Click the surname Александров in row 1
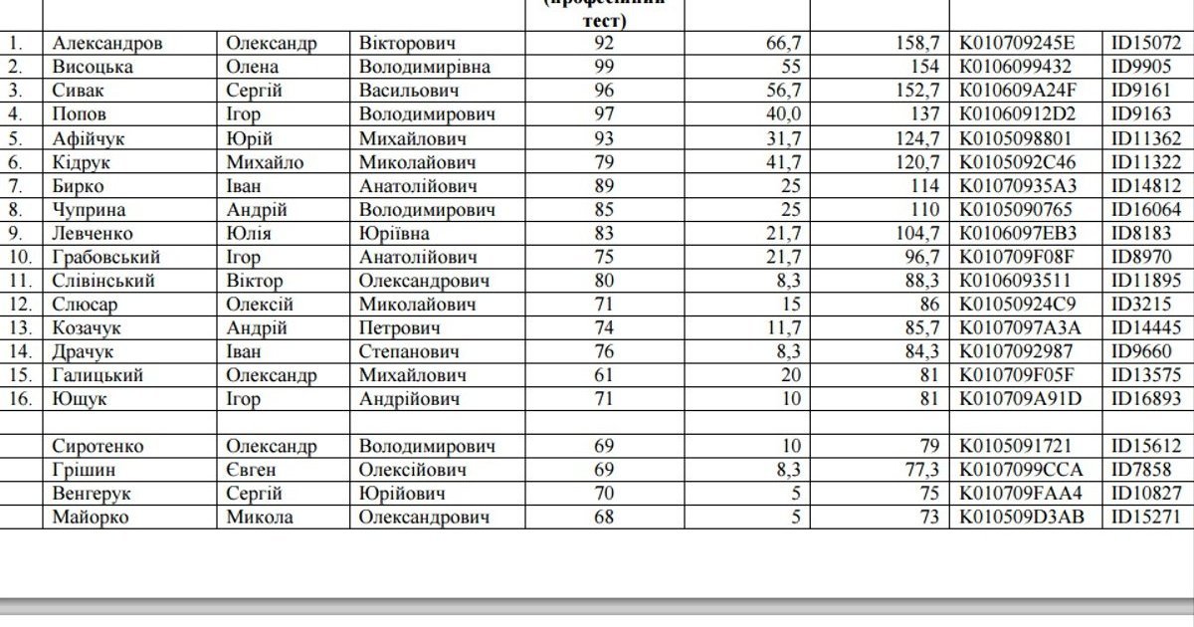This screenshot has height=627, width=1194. point(107,44)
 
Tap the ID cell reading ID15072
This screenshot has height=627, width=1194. point(1146,44)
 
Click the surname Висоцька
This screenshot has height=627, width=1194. point(93,68)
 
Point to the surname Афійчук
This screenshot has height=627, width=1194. point(90,139)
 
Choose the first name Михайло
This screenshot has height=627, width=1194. point(265,162)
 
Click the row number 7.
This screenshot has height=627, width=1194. point(14,186)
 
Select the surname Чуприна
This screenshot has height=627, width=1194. point(92,210)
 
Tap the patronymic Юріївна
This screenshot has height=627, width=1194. point(394,234)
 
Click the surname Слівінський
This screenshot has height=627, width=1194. point(103,281)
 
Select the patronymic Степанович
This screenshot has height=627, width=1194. point(409,352)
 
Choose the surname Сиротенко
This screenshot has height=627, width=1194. point(98,447)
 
